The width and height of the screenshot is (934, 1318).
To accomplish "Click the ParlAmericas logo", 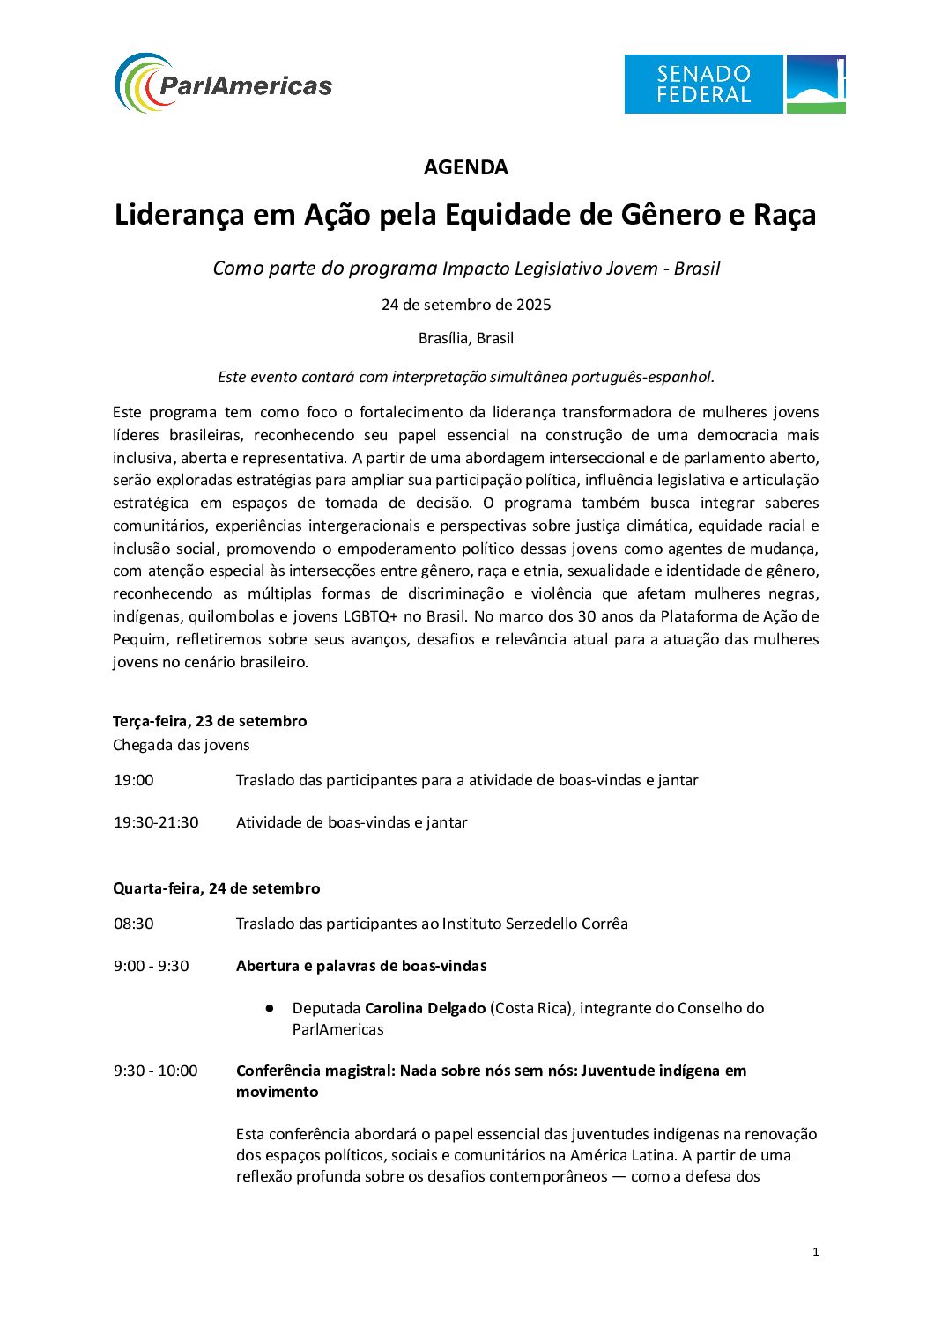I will click(x=223, y=84).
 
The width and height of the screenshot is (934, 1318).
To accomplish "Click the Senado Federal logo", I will click(x=734, y=84).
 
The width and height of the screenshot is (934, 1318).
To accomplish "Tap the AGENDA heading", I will click(x=465, y=167).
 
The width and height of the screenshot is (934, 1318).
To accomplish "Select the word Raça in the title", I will click(x=783, y=215).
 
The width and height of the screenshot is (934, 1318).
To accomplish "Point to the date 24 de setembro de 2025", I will click(x=465, y=305).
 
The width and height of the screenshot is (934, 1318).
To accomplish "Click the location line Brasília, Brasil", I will click(x=465, y=338).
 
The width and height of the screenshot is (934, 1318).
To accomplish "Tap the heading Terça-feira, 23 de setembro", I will click(x=210, y=721).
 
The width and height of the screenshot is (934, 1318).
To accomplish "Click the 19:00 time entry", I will click(x=133, y=780).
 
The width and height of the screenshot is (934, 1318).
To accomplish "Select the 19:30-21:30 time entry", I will click(x=156, y=822).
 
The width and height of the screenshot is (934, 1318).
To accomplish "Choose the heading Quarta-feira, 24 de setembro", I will click(x=216, y=888).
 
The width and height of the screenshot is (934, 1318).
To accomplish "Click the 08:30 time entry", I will click(x=133, y=924).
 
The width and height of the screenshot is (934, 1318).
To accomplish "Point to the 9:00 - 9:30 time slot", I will click(x=151, y=966).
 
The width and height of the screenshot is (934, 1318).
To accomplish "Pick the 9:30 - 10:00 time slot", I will click(x=155, y=1071).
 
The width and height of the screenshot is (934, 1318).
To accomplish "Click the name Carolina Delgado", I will click(x=425, y=1008).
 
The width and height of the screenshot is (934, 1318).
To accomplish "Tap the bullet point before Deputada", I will click(x=270, y=1008).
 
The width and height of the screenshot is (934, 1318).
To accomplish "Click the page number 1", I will click(x=815, y=1252).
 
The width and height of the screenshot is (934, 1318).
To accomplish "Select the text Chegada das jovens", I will click(x=181, y=745).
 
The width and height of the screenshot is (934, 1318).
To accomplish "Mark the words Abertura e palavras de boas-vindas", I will click(x=361, y=966).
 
